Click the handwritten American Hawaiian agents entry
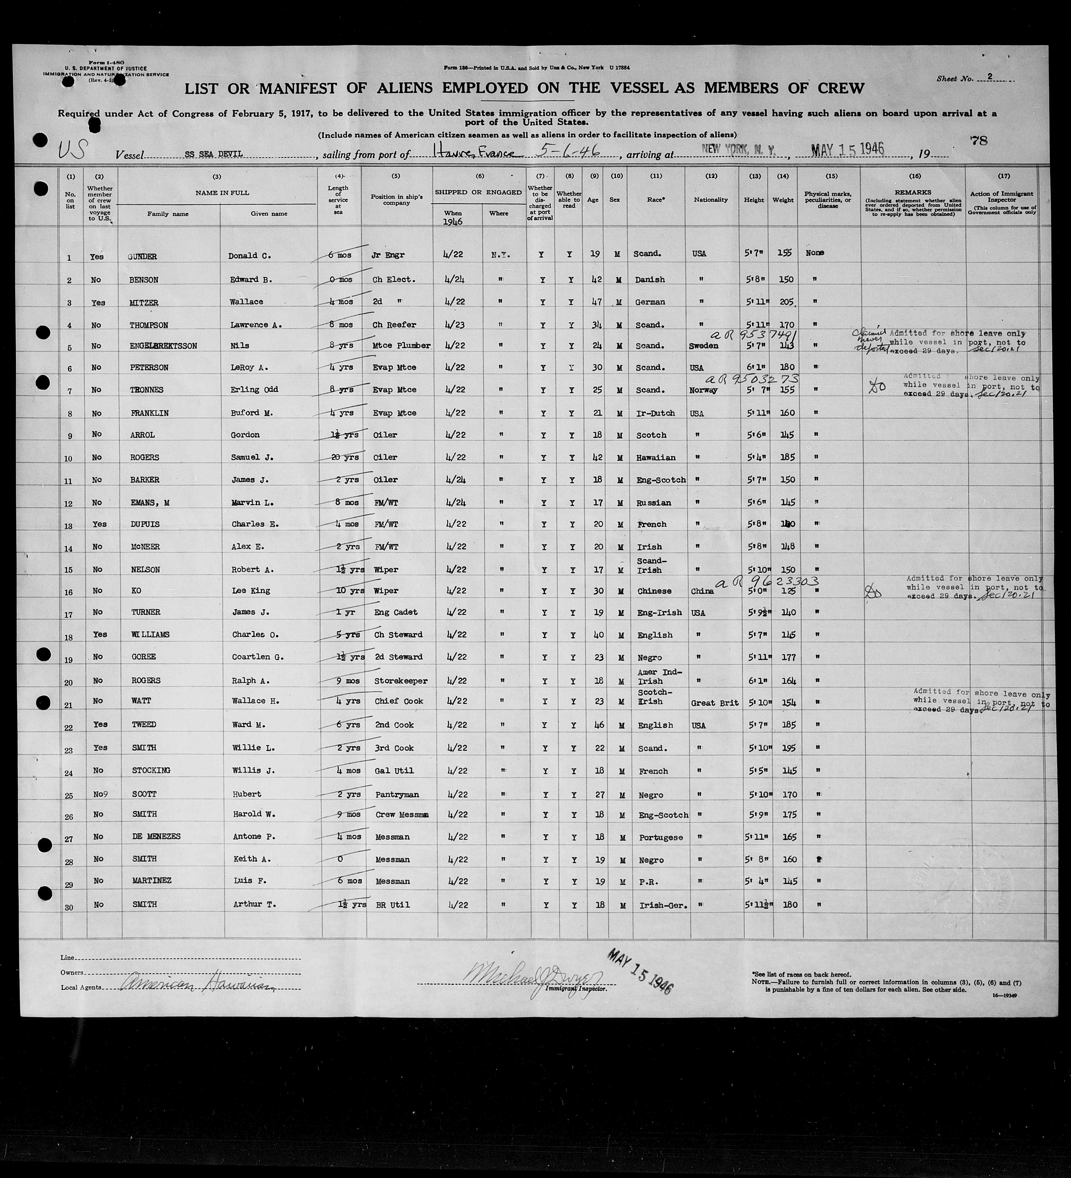tap(196, 986)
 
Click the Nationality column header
tap(711, 200)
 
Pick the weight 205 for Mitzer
tap(786, 302)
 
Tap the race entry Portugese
tap(660, 837)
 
